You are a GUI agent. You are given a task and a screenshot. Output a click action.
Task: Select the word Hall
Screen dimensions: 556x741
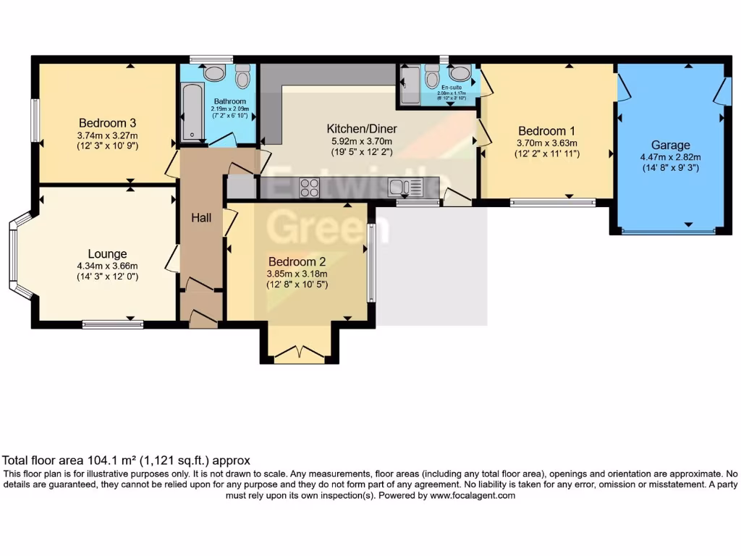pyautogui.click(x=201, y=217)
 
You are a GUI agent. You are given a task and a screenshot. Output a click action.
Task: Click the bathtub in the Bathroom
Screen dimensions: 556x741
pyautogui.click(x=192, y=112)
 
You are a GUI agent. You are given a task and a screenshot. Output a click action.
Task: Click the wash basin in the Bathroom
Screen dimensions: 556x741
pyautogui.click(x=214, y=72)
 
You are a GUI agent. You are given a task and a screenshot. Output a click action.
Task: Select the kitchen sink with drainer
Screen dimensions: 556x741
pyautogui.click(x=405, y=188)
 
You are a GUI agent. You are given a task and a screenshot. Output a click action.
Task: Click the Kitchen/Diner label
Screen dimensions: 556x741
pyautogui.click(x=361, y=130)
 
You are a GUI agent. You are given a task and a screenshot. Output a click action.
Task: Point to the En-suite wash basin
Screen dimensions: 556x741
pyautogui.click(x=459, y=72)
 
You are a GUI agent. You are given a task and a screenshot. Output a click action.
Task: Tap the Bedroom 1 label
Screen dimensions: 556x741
pyautogui.click(x=546, y=131)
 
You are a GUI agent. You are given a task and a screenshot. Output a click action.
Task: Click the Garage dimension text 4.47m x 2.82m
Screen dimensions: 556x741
pyautogui.click(x=670, y=156)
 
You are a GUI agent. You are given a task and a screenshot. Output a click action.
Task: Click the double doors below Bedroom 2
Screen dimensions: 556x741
pyautogui.click(x=300, y=354)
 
